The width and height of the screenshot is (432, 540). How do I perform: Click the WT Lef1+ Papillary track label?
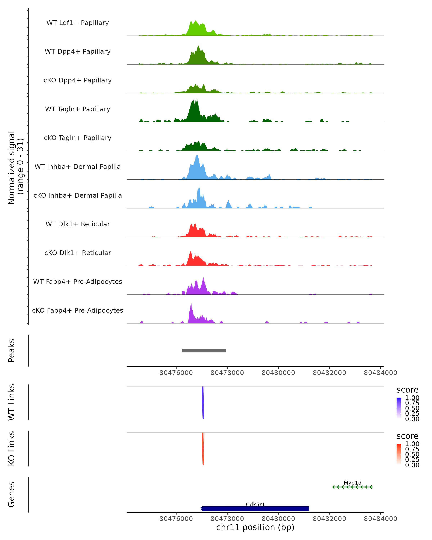(x=78, y=23)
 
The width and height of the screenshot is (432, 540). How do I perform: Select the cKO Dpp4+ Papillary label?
(x=78, y=80)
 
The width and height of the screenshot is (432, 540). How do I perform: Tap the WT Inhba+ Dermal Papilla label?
(x=78, y=167)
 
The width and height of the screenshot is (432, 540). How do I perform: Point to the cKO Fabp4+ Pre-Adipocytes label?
(x=78, y=310)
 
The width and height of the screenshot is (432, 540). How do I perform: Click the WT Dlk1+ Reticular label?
(x=78, y=224)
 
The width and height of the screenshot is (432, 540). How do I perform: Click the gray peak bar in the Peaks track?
(x=204, y=351)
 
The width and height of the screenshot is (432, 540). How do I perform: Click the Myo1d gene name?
(x=352, y=483)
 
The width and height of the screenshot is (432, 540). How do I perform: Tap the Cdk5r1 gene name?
(x=255, y=504)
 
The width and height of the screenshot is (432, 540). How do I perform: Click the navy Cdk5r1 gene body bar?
(x=255, y=509)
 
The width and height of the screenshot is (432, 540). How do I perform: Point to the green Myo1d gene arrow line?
(x=352, y=487)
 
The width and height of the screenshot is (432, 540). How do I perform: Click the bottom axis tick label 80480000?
(x=278, y=519)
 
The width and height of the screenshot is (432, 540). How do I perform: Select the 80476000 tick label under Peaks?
(x=176, y=373)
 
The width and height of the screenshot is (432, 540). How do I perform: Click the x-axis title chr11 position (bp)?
(x=255, y=527)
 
